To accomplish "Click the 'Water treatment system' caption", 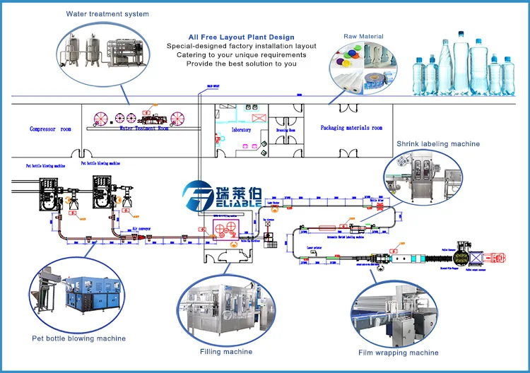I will click(107, 13).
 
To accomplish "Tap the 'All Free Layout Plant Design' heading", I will click(241, 37).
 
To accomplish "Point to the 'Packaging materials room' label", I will click(351, 128).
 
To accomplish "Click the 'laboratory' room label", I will click(241, 130).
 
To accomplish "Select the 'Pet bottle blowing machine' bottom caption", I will click(79, 338).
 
